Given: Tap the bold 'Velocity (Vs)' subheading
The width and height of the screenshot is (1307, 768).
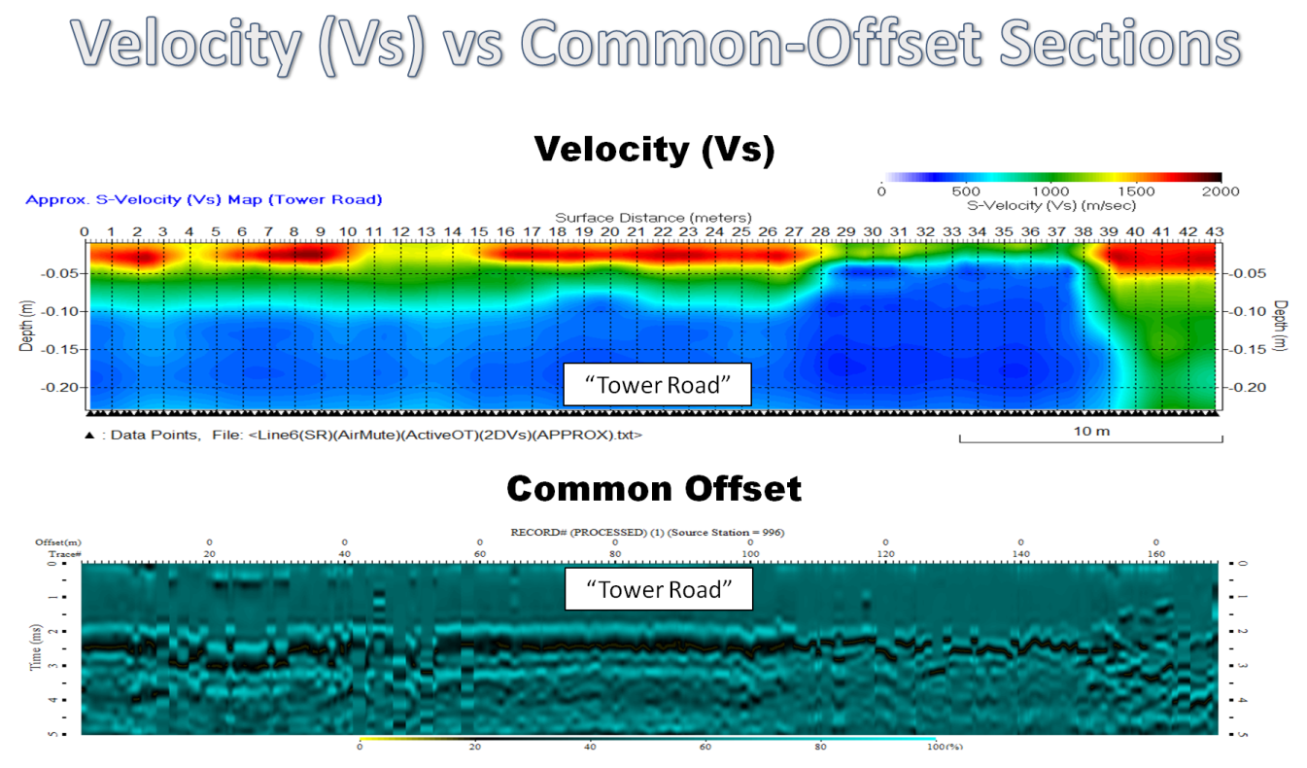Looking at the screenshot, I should click(654, 150).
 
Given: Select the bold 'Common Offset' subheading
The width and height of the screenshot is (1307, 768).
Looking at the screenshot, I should click(654, 488).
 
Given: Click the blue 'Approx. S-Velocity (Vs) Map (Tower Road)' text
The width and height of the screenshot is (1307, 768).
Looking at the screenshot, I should click(204, 199).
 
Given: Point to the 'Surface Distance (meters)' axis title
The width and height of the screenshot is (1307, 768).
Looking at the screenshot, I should click(653, 217).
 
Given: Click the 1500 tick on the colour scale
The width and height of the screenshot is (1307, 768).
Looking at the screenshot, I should click(1136, 192).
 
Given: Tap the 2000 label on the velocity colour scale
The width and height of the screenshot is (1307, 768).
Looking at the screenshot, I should click(1221, 192).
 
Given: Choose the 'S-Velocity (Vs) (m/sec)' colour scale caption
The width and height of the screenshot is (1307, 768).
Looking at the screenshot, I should click(1052, 205).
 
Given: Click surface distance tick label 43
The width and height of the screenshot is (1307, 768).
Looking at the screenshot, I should click(1214, 231).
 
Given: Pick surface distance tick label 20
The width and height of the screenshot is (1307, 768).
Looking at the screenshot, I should click(609, 231).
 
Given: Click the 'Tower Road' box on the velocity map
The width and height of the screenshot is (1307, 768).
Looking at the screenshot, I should click(658, 385).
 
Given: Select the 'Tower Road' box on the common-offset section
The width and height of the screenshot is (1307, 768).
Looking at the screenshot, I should click(659, 590).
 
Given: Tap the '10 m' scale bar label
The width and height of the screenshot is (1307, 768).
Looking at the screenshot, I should click(1089, 431).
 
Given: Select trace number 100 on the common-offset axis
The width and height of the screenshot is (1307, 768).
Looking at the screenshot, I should click(750, 554).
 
